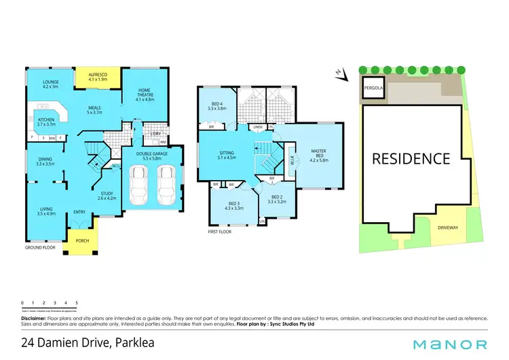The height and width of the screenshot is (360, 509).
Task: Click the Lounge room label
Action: point(51,84)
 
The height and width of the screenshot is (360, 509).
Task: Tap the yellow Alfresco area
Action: point(98,74)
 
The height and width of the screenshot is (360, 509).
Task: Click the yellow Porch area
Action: point(83,240)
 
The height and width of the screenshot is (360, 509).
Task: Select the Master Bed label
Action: point(319,156)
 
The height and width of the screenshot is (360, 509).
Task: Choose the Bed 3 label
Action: point(233,205)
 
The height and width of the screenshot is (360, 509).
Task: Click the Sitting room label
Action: point(225,154)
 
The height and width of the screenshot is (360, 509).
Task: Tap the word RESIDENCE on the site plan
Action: point(410,158)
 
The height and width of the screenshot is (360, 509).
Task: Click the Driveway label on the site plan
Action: point(449,227)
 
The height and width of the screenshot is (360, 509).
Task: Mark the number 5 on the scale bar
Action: point(77,302)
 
